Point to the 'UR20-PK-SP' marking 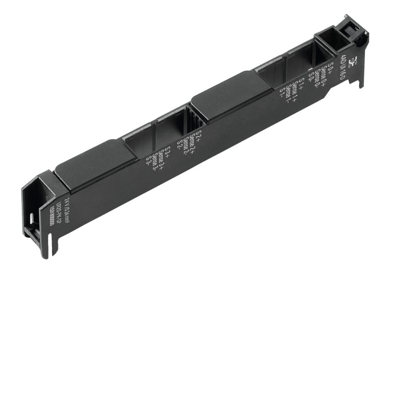pyautogui.click(x=59, y=213)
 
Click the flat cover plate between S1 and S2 pyautogui.click(x=231, y=95)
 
